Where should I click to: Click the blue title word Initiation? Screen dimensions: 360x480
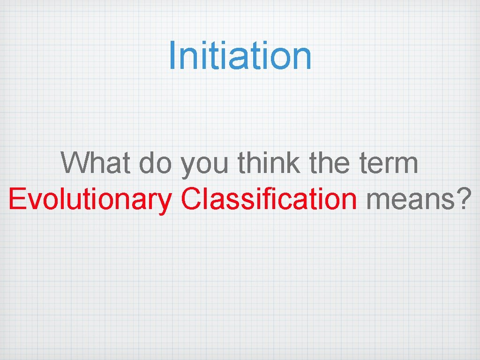(x=240, y=55)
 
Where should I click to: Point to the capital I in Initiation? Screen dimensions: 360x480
(x=172, y=55)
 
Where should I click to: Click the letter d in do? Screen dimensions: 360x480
(x=147, y=163)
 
